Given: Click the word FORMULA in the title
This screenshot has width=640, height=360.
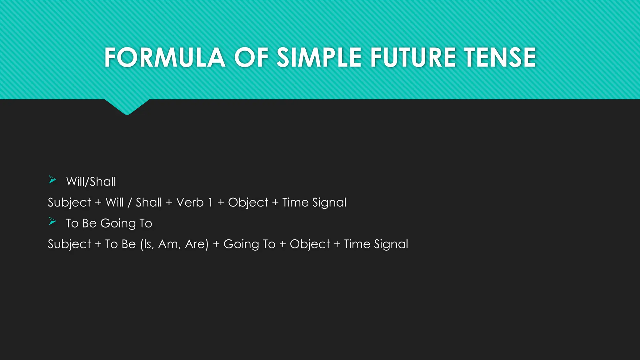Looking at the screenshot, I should [165, 57].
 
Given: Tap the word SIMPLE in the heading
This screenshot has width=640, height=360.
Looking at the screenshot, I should [319, 57].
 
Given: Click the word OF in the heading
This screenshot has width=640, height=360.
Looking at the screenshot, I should [251, 57].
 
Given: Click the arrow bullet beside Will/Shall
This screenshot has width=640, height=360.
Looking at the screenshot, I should [52, 180].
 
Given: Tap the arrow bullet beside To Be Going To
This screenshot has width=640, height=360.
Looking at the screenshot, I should [52, 222].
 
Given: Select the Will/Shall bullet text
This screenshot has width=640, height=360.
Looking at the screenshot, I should [91, 182].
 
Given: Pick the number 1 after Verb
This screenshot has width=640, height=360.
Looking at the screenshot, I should [210, 202].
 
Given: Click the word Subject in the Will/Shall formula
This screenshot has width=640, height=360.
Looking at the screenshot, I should [69, 202].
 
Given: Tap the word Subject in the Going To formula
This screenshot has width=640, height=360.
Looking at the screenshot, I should [69, 244].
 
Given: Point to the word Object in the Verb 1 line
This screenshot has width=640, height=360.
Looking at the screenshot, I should [248, 202].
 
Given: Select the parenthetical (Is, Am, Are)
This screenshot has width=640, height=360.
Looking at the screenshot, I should [174, 244].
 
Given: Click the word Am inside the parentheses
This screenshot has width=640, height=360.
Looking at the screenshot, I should [169, 244].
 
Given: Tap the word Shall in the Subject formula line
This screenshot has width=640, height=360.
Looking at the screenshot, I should [149, 202].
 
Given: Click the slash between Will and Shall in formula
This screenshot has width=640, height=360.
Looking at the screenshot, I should [130, 202].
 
